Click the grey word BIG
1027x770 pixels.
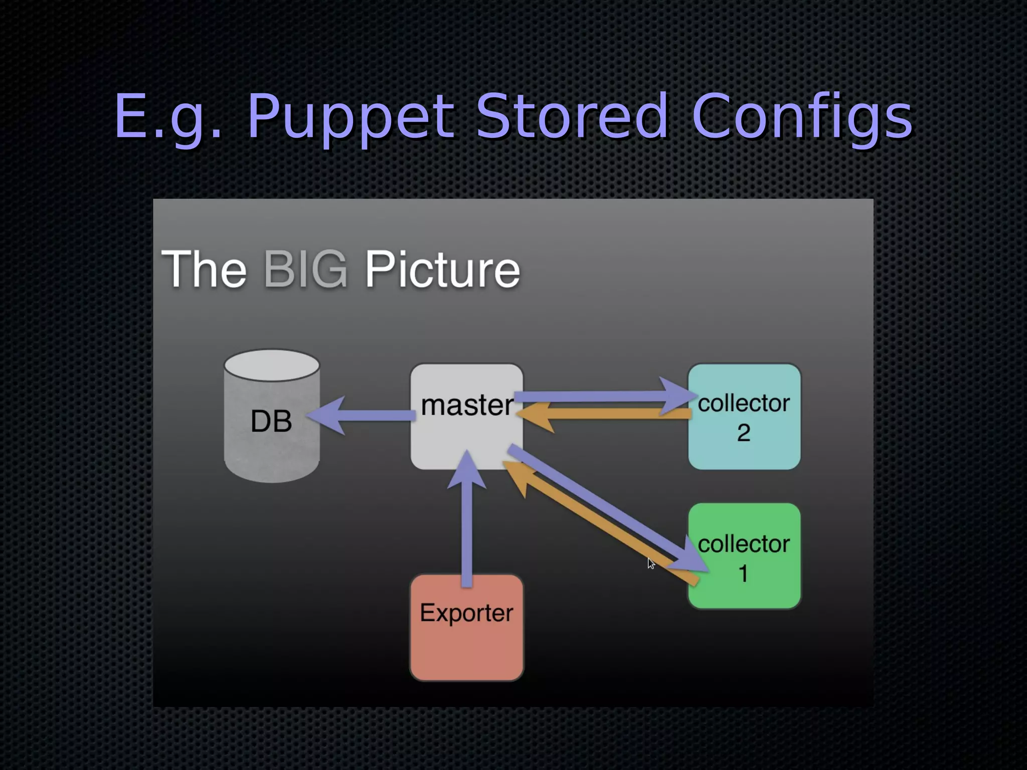tap(305, 269)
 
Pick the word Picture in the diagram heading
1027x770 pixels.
tap(442, 269)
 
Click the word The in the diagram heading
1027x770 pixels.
tap(204, 269)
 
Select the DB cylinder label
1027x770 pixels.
tap(271, 421)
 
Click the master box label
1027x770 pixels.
tap(466, 405)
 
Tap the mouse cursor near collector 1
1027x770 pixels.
tap(650, 563)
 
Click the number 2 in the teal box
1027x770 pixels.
tap(744, 433)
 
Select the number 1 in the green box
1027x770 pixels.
tap(744, 573)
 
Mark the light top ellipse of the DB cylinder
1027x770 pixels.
tap(272, 364)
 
